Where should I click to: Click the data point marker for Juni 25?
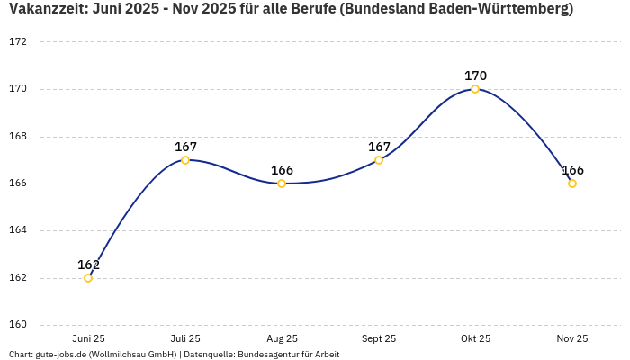[x=88, y=278]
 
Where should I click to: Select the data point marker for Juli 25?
[x=185, y=160]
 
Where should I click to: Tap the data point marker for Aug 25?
[x=282, y=184]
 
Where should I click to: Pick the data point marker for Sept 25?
[x=379, y=160]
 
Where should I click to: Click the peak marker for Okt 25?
[x=475, y=89]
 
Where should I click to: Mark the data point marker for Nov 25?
[x=572, y=184]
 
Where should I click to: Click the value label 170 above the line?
[x=475, y=76]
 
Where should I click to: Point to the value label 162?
[x=88, y=265]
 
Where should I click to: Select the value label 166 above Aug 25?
[x=282, y=170]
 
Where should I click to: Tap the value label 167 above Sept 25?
[x=379, y=147]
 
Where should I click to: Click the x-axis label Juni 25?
[x=88, y=338]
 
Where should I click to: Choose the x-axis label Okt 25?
[x=475, y=338]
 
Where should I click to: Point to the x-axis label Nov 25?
[x=572, y=338]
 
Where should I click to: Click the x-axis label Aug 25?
[x=282, y=338]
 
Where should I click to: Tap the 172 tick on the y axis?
[x=18, y=42]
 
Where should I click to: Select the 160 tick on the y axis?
[x=18, y=325]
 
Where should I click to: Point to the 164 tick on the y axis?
[x=18, y=230]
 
